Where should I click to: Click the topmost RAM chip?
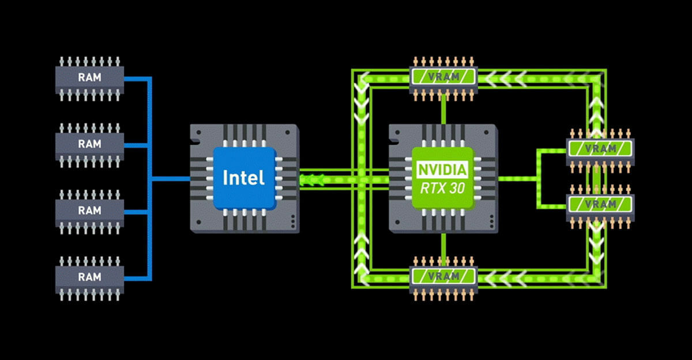pos(89,77)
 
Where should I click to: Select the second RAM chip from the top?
pos(89,144)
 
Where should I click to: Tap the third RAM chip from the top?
pos(89,211)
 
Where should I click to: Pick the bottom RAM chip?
pos(89,277)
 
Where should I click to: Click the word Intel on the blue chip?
pos(244,177)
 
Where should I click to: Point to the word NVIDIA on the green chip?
pos(443,170)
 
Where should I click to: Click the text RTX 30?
pos(443,187)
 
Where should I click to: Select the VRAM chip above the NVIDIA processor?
pos(443,76)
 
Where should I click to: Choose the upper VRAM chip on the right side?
pos(600,148)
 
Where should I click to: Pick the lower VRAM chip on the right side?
pos(600,204)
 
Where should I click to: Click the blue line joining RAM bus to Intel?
pos(170,178)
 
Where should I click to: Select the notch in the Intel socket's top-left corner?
pos(195,132)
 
